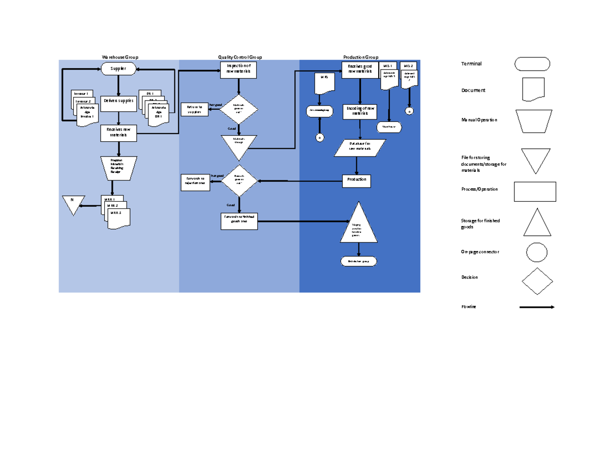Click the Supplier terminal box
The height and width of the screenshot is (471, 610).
pos(118,69)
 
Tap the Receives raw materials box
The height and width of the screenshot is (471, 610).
pos(118,133)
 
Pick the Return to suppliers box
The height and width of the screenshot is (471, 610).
pos(194,109)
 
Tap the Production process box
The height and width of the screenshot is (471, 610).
pos(356,180)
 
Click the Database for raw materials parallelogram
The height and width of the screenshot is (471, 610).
pos(360,147)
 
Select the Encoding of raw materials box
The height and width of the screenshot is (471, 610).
pos(360,111)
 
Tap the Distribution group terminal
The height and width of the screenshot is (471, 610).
pos(359,261)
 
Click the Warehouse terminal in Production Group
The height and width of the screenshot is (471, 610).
pos(389,127)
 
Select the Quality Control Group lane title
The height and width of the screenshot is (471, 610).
pos(240,57)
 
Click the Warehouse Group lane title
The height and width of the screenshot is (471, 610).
pos(120,57)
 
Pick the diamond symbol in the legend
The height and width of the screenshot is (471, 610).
pos(537,281)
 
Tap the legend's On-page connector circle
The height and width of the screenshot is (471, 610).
pos(536,252)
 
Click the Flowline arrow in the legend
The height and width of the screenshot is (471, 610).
pos(536,307)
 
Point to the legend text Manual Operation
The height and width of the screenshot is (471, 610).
pos(479,120)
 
